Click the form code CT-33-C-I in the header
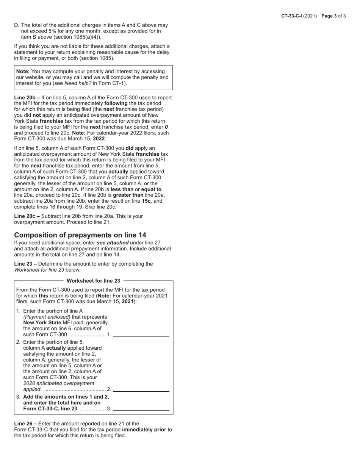click(291, 16)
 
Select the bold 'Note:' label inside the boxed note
click(23, 72)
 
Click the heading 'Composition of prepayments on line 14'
click(80, 235)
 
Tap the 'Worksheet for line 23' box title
click(93, 281)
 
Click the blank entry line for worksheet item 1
click(141, 334)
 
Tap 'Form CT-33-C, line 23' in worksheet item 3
click(50, 409)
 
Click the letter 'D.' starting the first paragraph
click(17, 25)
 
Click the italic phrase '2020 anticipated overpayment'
click(59, 383)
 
